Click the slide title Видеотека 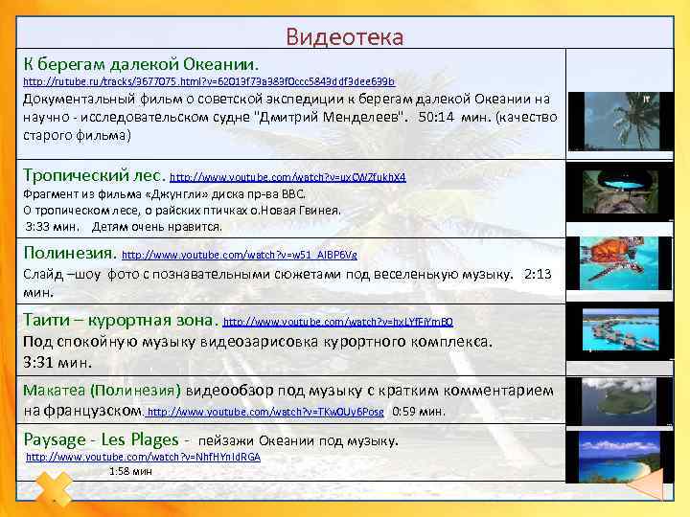tap(345, 36)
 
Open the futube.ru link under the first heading tap(208, 82)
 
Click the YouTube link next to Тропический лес tap(287, 177)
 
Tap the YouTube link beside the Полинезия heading tap(240, 256)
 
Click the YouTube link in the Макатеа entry tap(266, 412)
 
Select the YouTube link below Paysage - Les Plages tap(143, 457)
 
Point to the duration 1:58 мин tap(130, 471)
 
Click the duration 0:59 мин tap(419, 412)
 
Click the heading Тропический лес tap(94, 175)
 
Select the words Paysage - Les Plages tap(101, 439)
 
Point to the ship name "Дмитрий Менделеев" tap(330, 118)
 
